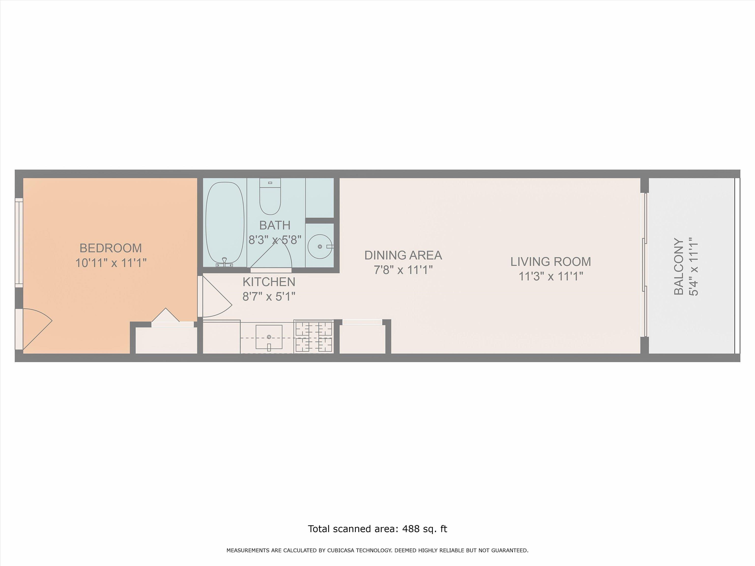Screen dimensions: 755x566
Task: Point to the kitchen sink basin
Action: pos(269,337)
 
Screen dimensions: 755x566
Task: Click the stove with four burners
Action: pos(314,336)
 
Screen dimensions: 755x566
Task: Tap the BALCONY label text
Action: pos(679,267)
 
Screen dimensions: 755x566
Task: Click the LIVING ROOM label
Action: pos(551,262)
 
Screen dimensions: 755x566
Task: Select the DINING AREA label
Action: pos(403,255)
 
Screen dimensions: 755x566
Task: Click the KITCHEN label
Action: pos(269,282)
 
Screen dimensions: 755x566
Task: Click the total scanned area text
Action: pos(377,529)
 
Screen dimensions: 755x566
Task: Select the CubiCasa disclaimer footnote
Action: pos(377,550)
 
